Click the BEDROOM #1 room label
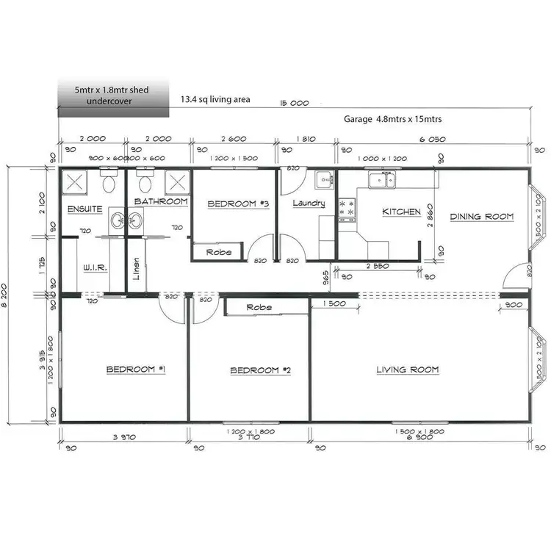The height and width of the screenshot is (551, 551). tap(136, 370)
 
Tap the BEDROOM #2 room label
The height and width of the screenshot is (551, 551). tap(261, 370)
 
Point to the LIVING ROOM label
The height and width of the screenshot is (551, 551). tap(408, 370)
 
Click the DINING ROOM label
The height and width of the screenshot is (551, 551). tap(481, 216)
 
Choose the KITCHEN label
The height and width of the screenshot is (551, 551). tap(402, 212)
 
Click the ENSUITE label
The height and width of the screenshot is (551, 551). tap(84, 209)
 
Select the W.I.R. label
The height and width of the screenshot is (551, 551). tap(96, 268)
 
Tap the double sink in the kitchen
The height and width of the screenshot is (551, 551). tap(381, 179)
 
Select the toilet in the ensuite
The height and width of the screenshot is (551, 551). tap(109, 180)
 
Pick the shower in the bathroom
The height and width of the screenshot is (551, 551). tap(177, 181)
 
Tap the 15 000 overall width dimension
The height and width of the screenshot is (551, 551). tap(294, 104)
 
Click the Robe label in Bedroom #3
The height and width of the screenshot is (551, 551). tap(219, 252)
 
